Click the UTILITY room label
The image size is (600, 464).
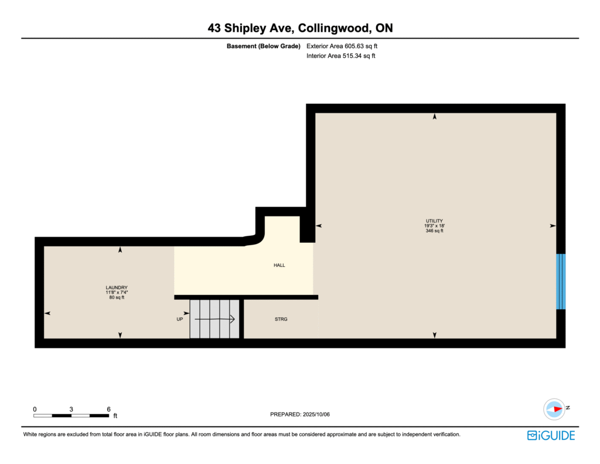coord(434,221)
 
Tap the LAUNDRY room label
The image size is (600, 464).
coord(117,287)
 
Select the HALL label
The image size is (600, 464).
coord(279,265)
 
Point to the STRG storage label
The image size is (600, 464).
coord(281,319)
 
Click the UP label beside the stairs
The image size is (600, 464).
coord(179,319)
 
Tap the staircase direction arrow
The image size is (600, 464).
coord(214,319)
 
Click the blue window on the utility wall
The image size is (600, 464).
coord(561,281)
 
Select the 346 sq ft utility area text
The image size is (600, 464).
coord(434,231)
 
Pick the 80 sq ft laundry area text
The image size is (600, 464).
coord(117,297)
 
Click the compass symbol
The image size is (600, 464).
coord(554,409)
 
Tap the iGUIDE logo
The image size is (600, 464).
coord(551,436)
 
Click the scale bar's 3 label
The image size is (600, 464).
coord(71,409)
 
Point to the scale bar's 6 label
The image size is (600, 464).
coord(108,409)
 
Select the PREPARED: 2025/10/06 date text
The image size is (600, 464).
coord(300,414)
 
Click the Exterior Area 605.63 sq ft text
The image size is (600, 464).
coord(342,46)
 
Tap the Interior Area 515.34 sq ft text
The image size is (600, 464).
coord(340,56)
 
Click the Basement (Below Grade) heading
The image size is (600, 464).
coord(263,46)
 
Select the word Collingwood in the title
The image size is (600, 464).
coord(334,28)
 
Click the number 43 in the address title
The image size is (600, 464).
coord(214,28)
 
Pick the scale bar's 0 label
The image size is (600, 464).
coord(35,409)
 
